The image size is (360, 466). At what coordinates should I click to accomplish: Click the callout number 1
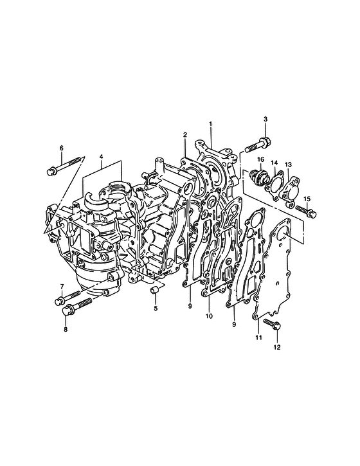point(210,123)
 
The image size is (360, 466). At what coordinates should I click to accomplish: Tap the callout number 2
point(185,135)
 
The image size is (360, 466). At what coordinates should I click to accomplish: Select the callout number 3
point(265,119)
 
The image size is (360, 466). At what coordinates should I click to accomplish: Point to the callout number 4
point(101,156)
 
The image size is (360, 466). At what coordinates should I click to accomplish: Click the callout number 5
point(156,309)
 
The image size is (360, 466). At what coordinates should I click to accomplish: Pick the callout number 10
point(209,316)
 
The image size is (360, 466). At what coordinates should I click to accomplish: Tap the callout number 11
point(258,337)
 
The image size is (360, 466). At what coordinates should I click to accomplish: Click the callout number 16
point(261,159)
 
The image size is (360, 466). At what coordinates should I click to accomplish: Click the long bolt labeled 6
point(66,166)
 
